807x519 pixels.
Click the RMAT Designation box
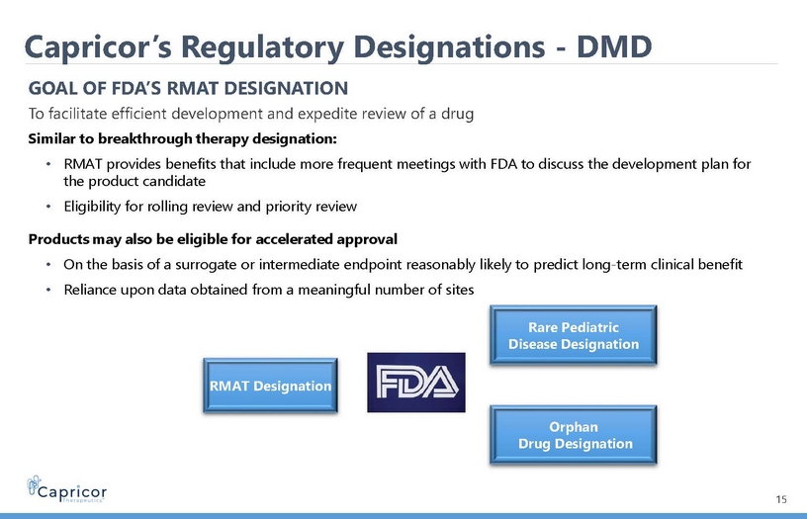pyautogui.click(x=270, y=386)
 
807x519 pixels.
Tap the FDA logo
pyautogui.click(x=416, y=383)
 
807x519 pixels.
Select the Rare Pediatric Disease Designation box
pyautogui.click(x=574, y=335)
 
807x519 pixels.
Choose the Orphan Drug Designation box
pyautogui.click(x=574, y=435)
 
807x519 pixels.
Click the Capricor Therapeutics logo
pyautogui.click(x=67, y=489)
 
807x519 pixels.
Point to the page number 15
pyautogui.click(x=781, y=499)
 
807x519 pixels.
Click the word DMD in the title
pyautogui.click(x=614, y=46)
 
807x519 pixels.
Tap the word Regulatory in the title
pyautogui.click(x=262, y=47)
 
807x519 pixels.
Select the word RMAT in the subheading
pyautogui.click(x=193, y=88)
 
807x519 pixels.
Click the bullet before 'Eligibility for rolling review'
pyautogui.click(x=47, y=207)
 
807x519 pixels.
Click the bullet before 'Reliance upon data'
pyautogui.click(x=47, y=290)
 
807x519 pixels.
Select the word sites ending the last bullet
pyautogui.click(x=460, y=290)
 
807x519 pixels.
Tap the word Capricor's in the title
pyautogui.click(x=99, y=47)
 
